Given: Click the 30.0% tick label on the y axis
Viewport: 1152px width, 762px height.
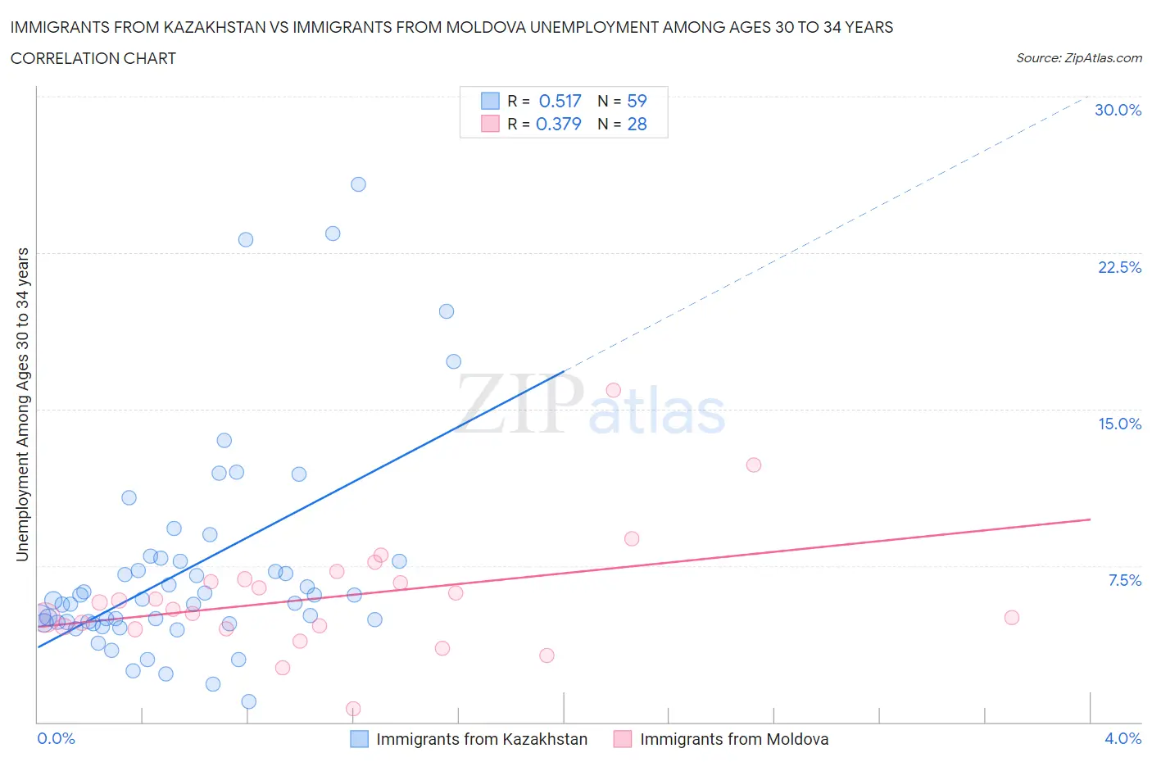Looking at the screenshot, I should click(x=1118, y=110).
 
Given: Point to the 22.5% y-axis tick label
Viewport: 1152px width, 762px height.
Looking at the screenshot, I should click(x=1119, y=267).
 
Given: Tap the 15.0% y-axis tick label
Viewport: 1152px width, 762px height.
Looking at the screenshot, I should click(x=1119, y=424).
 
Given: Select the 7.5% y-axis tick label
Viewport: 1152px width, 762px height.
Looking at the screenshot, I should click(x=1124, y=580).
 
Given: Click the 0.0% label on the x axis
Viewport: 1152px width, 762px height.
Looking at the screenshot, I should click(x=56, y=738).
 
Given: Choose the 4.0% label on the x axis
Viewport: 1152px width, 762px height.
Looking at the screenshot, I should click(x=1123, y=738).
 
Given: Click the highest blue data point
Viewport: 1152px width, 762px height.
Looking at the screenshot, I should click(x=358, y=184).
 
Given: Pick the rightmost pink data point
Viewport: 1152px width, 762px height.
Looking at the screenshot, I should click(x=1011, y=618).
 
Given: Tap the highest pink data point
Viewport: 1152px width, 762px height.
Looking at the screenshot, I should click(x=613, y=390).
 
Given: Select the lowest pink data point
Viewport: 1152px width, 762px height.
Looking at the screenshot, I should click(x=353, y=709).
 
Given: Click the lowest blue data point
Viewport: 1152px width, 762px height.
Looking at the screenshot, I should click(x=249, y=701).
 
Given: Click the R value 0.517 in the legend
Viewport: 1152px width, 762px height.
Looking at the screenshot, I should click(x=560, y=101).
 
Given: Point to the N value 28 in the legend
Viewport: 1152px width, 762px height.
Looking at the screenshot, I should click(x=637, y=124).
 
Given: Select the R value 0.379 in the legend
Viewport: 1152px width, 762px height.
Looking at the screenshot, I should click(x=558, y=124).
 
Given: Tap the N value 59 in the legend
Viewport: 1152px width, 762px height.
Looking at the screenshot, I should click(x=637, y=101).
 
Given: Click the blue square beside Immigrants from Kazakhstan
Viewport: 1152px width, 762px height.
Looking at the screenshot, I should click(x=359, y=739).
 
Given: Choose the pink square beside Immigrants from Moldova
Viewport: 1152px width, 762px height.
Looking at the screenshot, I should click(x=623, y=739).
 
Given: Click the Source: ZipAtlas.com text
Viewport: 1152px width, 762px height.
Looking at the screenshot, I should click(x=1078, y=57).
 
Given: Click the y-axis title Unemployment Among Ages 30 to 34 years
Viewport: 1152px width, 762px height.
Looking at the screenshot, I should click(x=22, y=405).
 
